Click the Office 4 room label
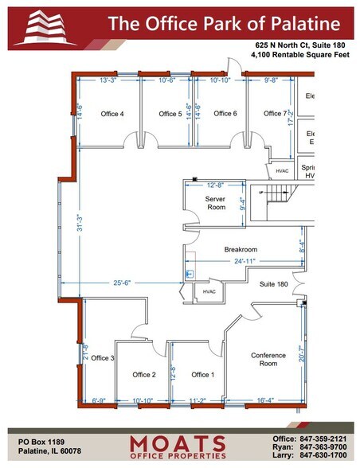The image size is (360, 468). (112, 114)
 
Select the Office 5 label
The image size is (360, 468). (170, 114)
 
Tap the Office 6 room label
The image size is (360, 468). (225, 113)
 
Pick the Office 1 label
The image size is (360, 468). (202, 374)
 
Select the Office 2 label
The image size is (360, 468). (143, 374)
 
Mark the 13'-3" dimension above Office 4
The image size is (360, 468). (109, 80)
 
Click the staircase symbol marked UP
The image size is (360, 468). (276, 194)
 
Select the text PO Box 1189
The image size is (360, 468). (37, 440)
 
